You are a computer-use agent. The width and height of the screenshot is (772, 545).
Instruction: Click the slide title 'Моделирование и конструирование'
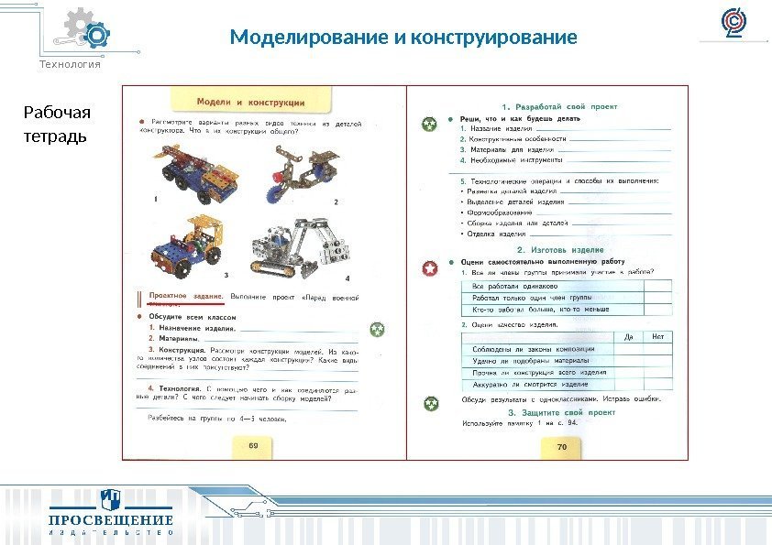[403, 38]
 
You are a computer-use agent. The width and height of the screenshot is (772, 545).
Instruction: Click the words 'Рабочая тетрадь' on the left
[56, 125]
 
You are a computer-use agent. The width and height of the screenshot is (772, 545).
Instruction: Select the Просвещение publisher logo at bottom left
[110, 515]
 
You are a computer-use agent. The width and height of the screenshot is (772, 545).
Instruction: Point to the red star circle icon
[428, 268]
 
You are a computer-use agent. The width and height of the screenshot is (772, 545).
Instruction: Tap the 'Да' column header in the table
[628, 337]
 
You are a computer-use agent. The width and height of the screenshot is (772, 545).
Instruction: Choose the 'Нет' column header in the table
[657, 337]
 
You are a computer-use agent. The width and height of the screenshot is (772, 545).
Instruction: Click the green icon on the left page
[376, 330]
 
